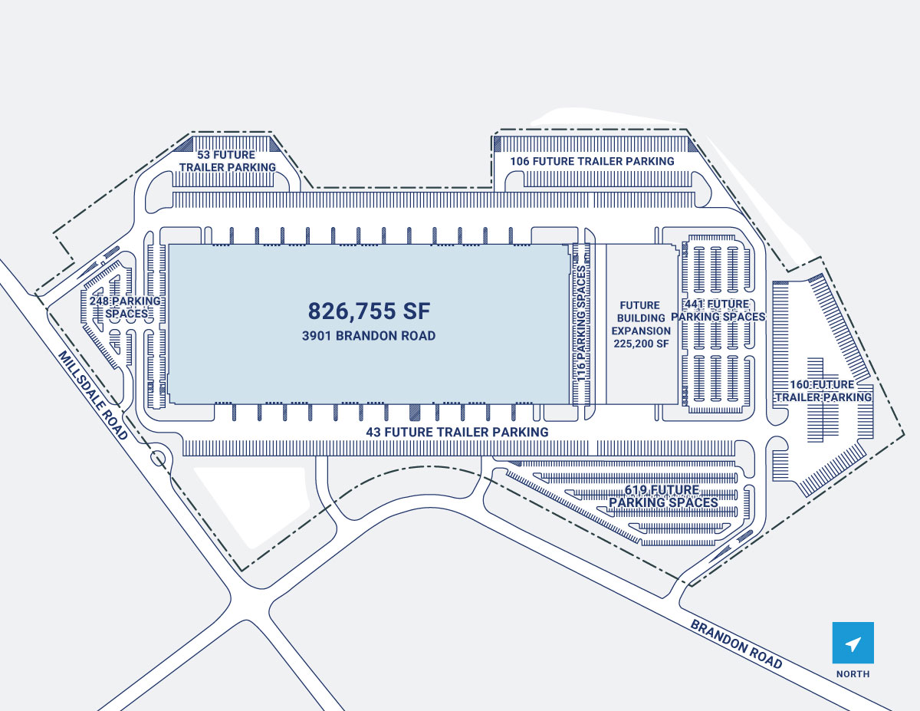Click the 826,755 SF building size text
(369, 311)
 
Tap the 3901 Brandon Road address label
(370, 336)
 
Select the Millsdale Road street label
(93, 395)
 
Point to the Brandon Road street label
(736, 644)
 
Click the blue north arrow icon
(853, 643)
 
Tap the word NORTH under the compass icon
(853, 674)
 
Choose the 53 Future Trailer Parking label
(226, 161)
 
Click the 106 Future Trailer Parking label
(593, 161)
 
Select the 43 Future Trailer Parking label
(457, 432)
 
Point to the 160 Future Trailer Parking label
(823, 390)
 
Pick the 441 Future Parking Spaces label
(718, 311)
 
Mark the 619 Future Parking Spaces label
(663, 496)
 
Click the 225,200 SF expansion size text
(641, 343)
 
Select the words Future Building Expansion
(641, 318)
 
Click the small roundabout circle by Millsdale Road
(159, 459)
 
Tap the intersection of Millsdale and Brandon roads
(250, 606)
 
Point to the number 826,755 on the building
(352, 311)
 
